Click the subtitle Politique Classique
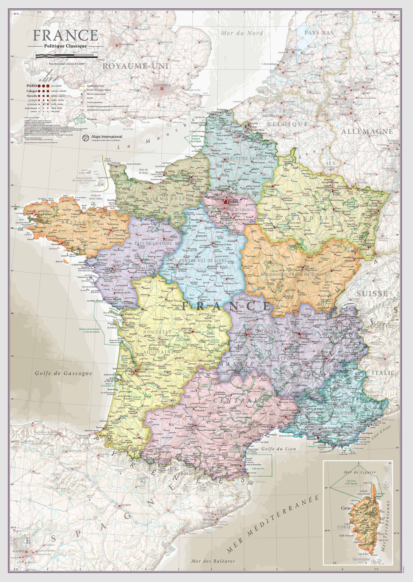(65, 46)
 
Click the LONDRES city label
(162, 85)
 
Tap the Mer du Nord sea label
(242, 33)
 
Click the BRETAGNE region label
(76, 222)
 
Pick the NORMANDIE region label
(166, 198)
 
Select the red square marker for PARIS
(225, 202)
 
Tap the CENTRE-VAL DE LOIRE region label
(203, 261)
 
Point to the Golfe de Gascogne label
(64, 373)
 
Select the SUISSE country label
(372, 294)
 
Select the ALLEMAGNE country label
(367, 131)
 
